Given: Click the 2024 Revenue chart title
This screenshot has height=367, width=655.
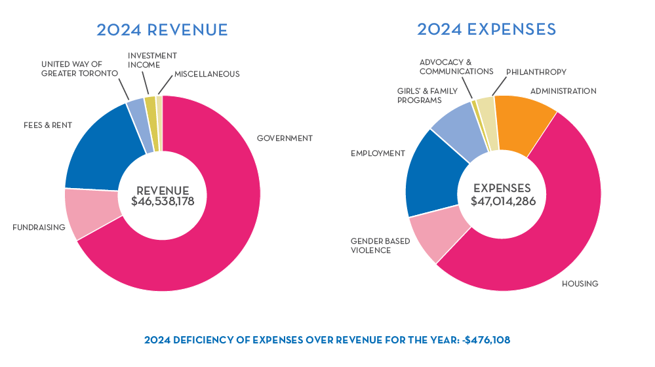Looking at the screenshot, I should (x=162, y=30).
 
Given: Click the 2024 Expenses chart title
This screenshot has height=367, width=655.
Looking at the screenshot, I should (x=486, y=29).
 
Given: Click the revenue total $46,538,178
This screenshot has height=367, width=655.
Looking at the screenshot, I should (x=163, y=202).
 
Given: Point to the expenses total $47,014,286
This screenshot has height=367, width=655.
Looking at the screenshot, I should (x=503, y=201).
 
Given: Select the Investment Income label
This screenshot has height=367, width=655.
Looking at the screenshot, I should (x=152, y=61).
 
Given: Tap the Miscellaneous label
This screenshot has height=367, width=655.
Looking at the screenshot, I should (x=207, y=74).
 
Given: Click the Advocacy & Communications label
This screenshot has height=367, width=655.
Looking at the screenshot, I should (x=456, y=66).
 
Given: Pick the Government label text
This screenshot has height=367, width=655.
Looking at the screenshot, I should (x=285, y=138).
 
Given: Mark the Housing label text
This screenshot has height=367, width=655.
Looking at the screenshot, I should (x=580, y=284).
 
